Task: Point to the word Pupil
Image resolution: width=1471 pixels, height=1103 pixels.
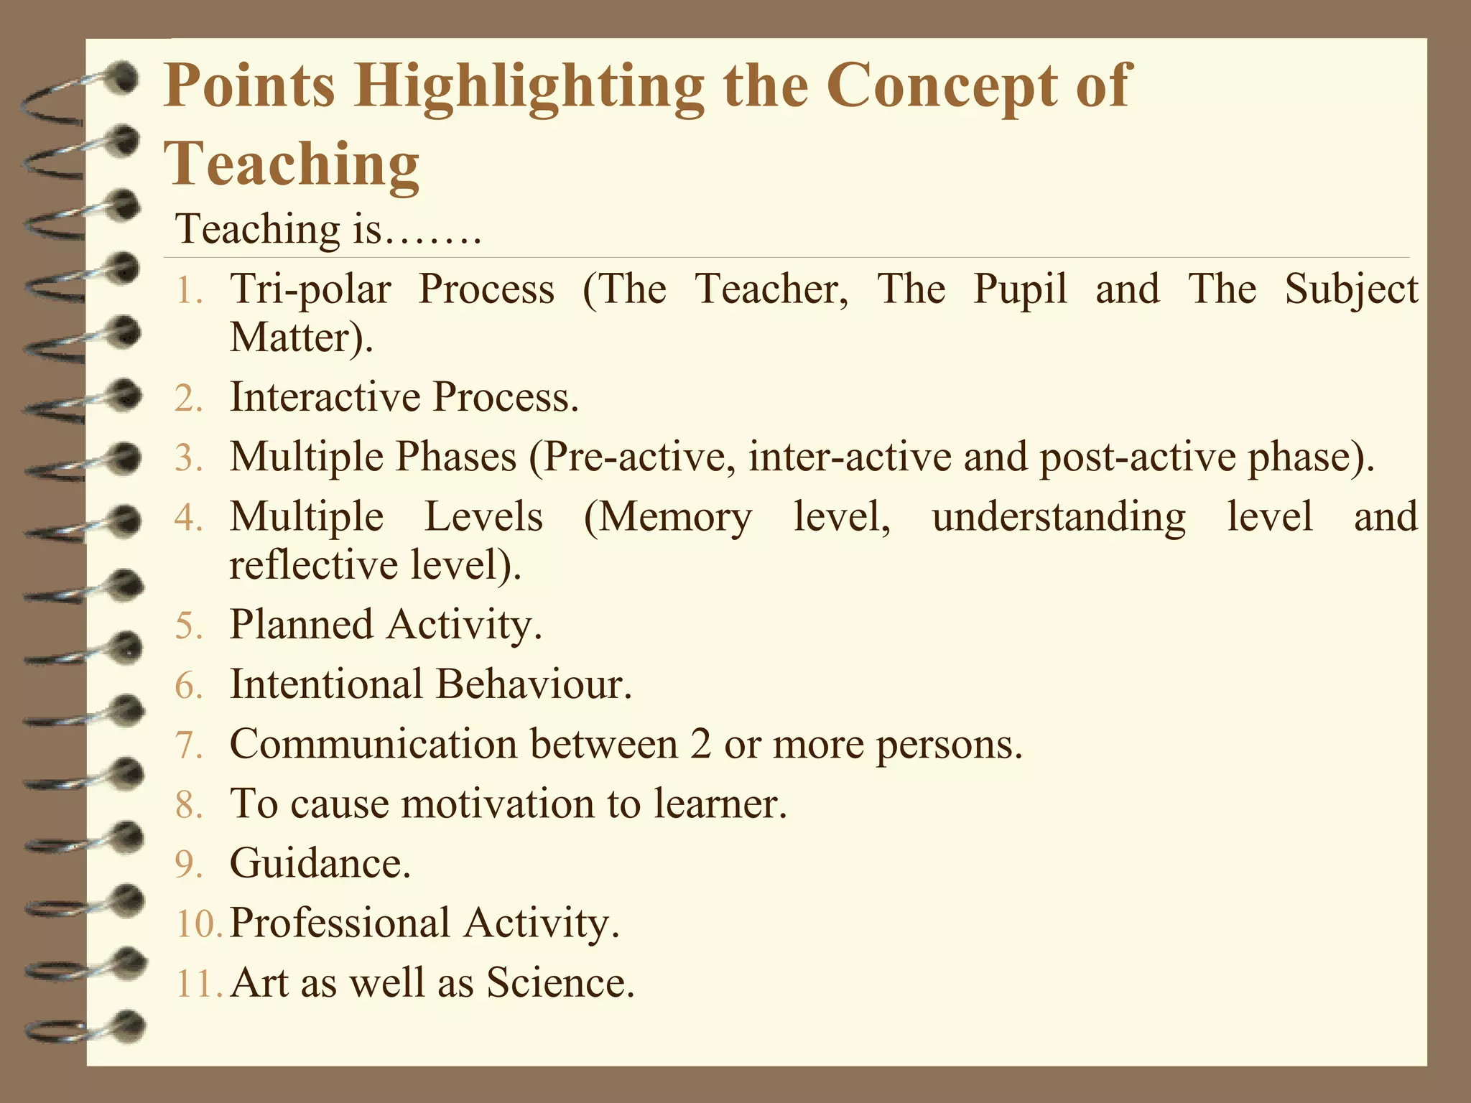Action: tap(1020, 290)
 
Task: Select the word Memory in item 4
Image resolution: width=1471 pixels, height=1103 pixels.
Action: tap(674, 517)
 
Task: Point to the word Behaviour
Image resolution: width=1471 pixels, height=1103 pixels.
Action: tap(533, 684)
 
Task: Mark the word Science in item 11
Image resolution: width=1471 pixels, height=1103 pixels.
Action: tap(560, 983)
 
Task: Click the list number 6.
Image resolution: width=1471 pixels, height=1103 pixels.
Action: tap(189, 685)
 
